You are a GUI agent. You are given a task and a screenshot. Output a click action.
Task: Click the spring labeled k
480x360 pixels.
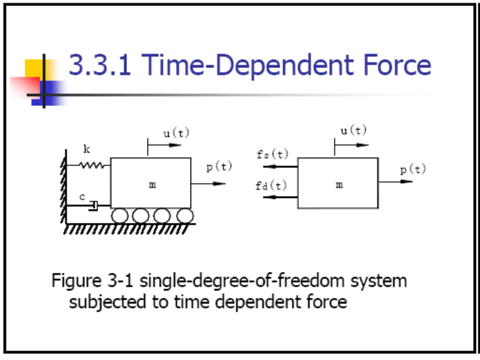click(91, 165)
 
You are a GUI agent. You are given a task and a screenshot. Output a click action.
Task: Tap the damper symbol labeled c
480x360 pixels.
click(93, 205)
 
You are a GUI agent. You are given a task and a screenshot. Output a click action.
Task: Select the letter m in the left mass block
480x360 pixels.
click(152, 185)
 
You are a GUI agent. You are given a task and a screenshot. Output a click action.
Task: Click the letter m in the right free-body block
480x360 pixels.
click(339, 185)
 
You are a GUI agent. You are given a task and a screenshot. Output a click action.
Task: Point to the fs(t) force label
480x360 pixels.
click(272, 154)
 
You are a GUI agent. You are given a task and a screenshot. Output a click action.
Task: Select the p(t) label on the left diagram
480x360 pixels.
click(219, 167)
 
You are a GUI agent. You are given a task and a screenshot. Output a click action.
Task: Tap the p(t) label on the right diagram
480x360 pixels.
click(413, 169)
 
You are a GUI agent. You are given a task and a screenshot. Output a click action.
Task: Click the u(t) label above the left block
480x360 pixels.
click(176, 133)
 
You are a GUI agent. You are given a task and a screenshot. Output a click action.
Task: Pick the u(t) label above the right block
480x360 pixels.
click(353, 131)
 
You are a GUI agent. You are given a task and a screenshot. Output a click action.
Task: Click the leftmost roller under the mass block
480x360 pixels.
click(120, 215)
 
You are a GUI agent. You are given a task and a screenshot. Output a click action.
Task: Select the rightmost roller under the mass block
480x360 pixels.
click(184, 215)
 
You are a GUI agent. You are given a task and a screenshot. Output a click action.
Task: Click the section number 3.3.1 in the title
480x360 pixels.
click(99, 65)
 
